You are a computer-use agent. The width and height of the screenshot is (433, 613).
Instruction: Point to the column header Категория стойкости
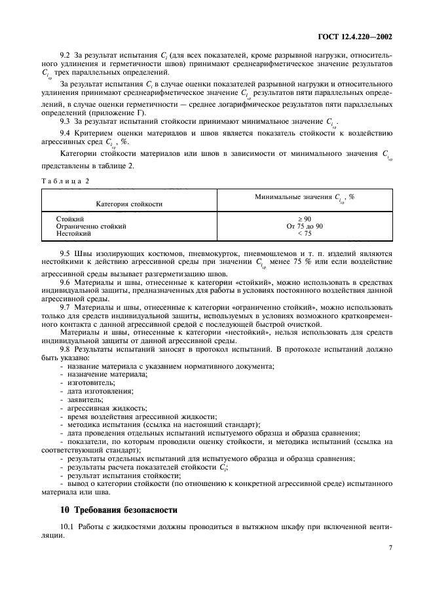(x=129, y=204)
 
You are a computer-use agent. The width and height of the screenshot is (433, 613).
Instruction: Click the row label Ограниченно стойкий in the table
(x=91, y=225)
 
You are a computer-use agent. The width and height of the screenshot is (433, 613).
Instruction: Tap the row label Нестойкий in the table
(x=74, y=232)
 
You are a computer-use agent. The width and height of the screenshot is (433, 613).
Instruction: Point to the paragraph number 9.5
(x=66, y=253)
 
